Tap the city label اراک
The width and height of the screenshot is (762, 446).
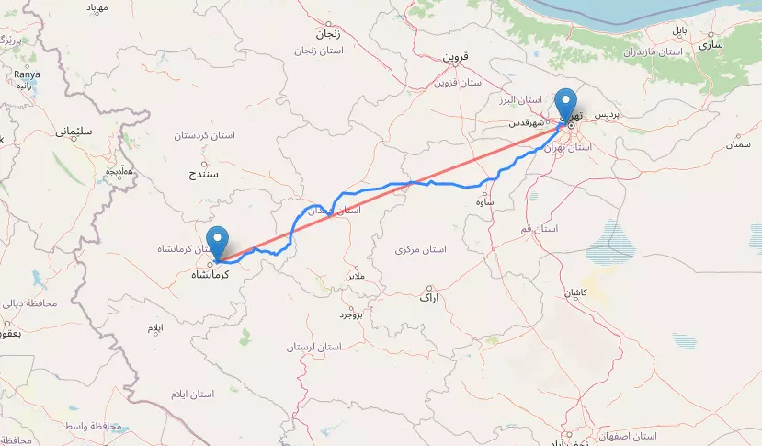point(429,298)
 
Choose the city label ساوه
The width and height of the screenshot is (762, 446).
point(486,201)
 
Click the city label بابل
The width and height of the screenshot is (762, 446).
point(678,31)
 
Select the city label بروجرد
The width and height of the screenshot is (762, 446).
point(351,314)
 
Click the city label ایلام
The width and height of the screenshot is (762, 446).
point(154,327)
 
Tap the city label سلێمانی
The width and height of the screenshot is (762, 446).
point(74,132)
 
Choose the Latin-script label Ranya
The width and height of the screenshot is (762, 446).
point(26,75)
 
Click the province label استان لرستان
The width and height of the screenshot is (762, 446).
point(313,347)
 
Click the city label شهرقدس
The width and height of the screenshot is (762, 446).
point(529,121)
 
